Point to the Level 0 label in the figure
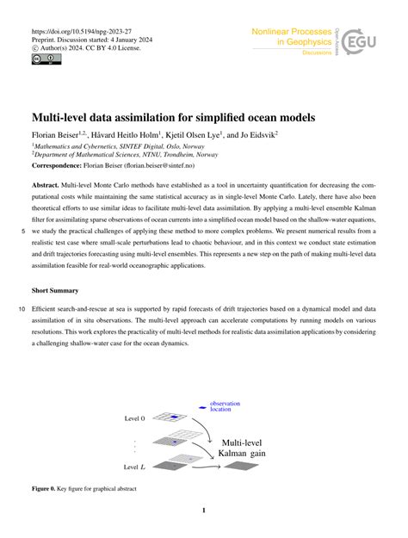coord(134,417)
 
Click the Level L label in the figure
coord(135,467)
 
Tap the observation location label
coord(226,407)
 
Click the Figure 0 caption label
coord(50,489)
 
